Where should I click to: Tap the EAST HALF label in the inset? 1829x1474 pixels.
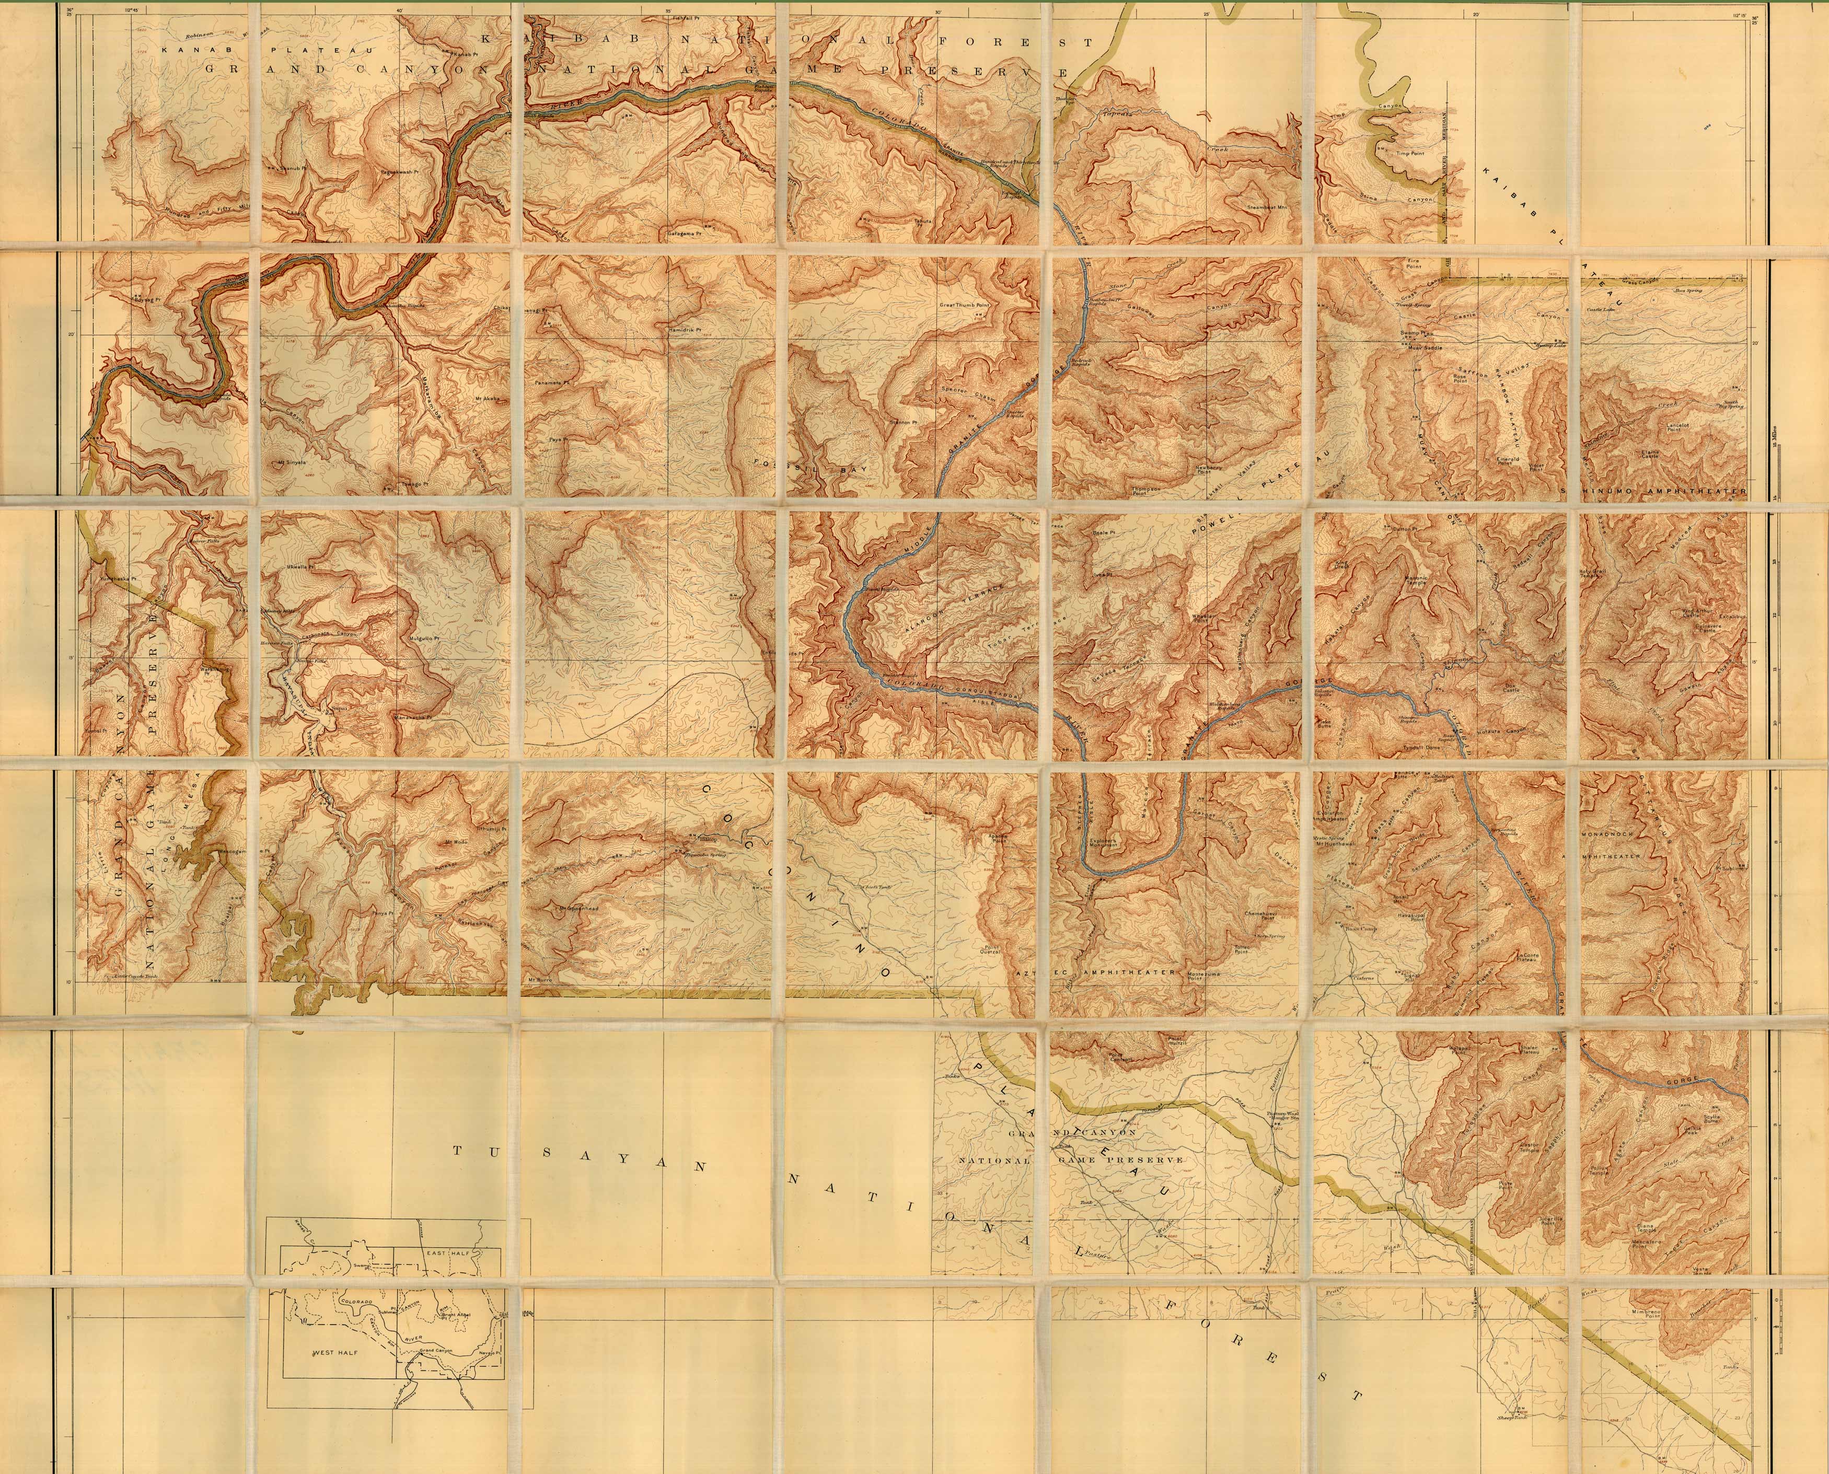(x=447, y=1253)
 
